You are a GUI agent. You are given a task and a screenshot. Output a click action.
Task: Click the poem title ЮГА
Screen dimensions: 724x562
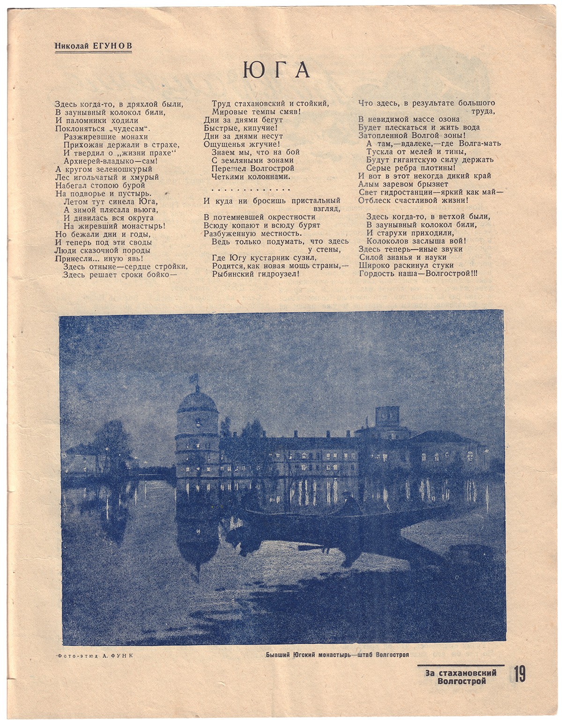[x=276, y=70]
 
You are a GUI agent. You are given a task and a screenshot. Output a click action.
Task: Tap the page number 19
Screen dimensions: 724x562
[x=519, y=674]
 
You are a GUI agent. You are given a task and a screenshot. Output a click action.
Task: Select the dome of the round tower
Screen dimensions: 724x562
[x=197, y=402]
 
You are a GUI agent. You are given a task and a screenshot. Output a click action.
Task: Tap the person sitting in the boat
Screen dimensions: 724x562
[x=348, y=503]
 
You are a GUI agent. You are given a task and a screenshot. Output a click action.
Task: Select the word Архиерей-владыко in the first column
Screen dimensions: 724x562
[x=97, y=161]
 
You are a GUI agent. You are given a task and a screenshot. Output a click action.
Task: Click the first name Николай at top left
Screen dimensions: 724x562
[x=73, y=45]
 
